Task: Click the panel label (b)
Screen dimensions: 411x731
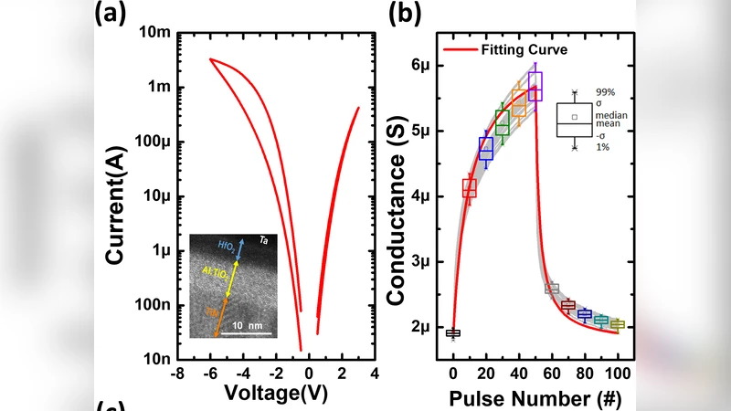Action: click(405, 14)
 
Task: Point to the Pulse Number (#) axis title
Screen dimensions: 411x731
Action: click(535, 398)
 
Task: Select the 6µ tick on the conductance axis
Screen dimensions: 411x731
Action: click(422, 66)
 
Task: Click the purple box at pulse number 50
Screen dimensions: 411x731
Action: click(535, 86)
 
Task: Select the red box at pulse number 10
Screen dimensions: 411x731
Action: click(470, 188)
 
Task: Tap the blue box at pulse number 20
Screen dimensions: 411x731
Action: click(486, 147)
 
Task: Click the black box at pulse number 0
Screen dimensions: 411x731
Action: click(453, 332)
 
